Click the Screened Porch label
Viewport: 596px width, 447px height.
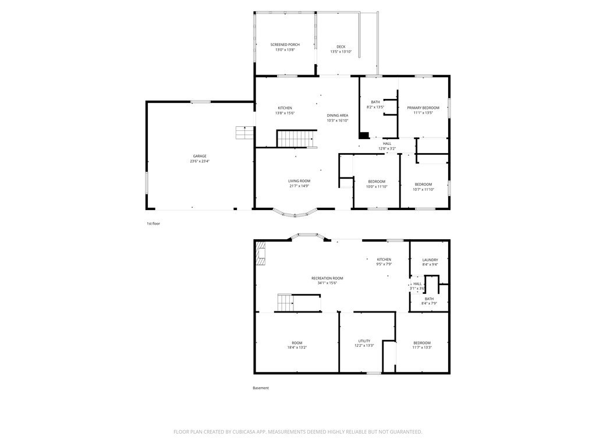coord(285,44)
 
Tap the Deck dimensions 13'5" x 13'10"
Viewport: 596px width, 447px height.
coord(341,52)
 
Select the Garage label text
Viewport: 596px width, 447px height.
coord(200,156)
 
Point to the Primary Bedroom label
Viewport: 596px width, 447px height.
coord(423,108)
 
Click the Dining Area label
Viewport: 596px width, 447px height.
coord(338,116)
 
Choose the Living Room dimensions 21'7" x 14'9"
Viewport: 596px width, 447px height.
coord(299,186)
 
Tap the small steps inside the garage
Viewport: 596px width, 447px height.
coord(244,133)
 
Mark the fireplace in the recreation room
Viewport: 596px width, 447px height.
coord(260,253)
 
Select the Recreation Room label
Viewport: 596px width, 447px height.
coord(327,278)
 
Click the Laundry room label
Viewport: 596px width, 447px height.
coord(430,260)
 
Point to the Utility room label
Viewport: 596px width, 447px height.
coord(364,341)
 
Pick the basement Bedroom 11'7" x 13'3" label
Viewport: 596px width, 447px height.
coord(422,345)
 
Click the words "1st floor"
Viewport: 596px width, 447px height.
coord(153,223)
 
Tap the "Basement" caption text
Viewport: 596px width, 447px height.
coord(261,388)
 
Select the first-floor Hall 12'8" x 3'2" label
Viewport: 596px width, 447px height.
coord(387,146)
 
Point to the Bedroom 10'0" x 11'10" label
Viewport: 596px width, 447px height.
coord(377,184)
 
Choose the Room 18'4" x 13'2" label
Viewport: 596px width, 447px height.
coord(297,345)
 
